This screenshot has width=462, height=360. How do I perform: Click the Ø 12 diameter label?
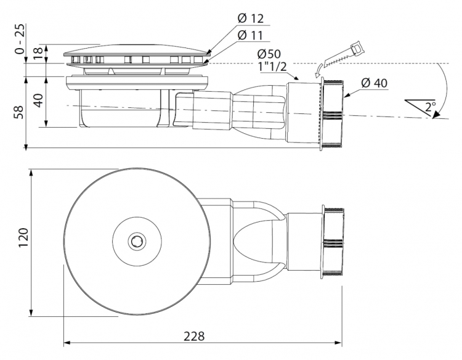point(250,18)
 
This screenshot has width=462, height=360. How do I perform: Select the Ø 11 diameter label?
point(250,36)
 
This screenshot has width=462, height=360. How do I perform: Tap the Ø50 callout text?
point(269,54)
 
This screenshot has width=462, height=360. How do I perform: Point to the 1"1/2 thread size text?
point(272,67)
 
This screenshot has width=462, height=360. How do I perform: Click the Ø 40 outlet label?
point(374,83)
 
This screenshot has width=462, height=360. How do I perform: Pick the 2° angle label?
point(431,106)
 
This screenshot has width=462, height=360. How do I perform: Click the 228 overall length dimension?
point(194,336)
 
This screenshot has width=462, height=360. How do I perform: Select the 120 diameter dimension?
point(23,238)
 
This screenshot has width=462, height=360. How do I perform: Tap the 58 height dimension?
point(19,112)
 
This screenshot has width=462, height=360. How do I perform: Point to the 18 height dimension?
point(39,53)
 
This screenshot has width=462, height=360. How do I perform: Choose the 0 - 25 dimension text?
point(19,39)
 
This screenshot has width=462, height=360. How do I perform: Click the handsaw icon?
point(344,55)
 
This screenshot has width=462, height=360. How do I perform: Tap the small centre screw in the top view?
point(137,242)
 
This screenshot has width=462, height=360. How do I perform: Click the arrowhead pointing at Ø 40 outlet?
point(347,95)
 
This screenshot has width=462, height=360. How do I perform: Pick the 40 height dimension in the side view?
point(39,100)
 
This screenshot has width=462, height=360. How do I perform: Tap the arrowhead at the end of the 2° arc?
point(436,115)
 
